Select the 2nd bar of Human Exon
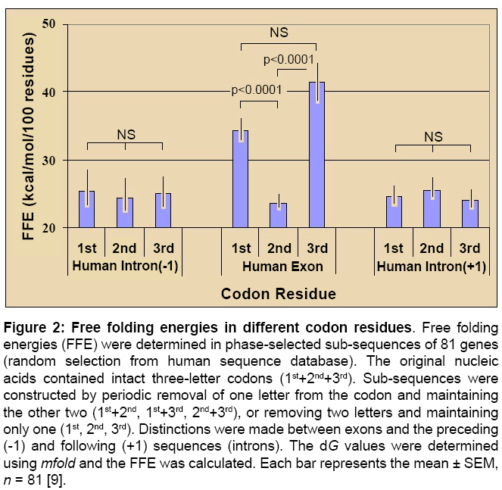click(x=279, y=215)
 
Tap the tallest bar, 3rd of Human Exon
click(x=316, y=154)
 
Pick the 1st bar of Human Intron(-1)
click(x=87, y=209)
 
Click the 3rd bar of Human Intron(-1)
click(x=163, y=210)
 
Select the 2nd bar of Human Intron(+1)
click(x=432, y=208)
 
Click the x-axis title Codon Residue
click(x=279, y=292)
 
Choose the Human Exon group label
click(x=282, y=266)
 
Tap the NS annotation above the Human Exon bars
click(x=279, y=33)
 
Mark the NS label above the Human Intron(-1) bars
click(x=126, y=134)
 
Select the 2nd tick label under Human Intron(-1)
click(x=124, y=248)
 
